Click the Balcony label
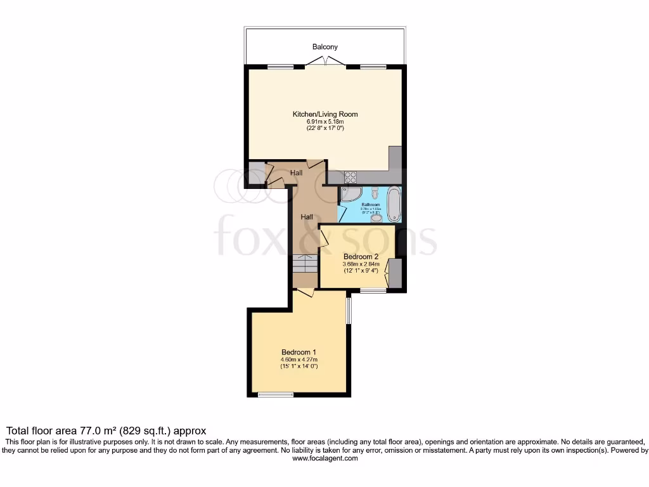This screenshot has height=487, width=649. tap(324, 47)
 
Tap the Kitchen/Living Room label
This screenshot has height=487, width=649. tap(324, 114)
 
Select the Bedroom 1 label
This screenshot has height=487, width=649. tap(299, 352)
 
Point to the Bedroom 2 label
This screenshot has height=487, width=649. tap(360, 257)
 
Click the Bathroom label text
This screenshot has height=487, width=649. tap(370, 205)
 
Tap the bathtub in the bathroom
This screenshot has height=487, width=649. tap(394, 204)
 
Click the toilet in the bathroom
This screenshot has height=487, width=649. tap(376, 192)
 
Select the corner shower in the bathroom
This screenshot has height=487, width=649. tap(350, 195)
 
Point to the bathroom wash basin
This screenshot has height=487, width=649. tap(376, 218)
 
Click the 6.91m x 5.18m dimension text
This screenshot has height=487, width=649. tap(324, 122)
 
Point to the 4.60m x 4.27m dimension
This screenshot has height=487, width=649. tap(299, 360)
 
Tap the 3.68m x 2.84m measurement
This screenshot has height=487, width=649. tap(360, 264)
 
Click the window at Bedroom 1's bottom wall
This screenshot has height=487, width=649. tap(275, 394)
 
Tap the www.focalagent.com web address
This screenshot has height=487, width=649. tap(324, 458)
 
